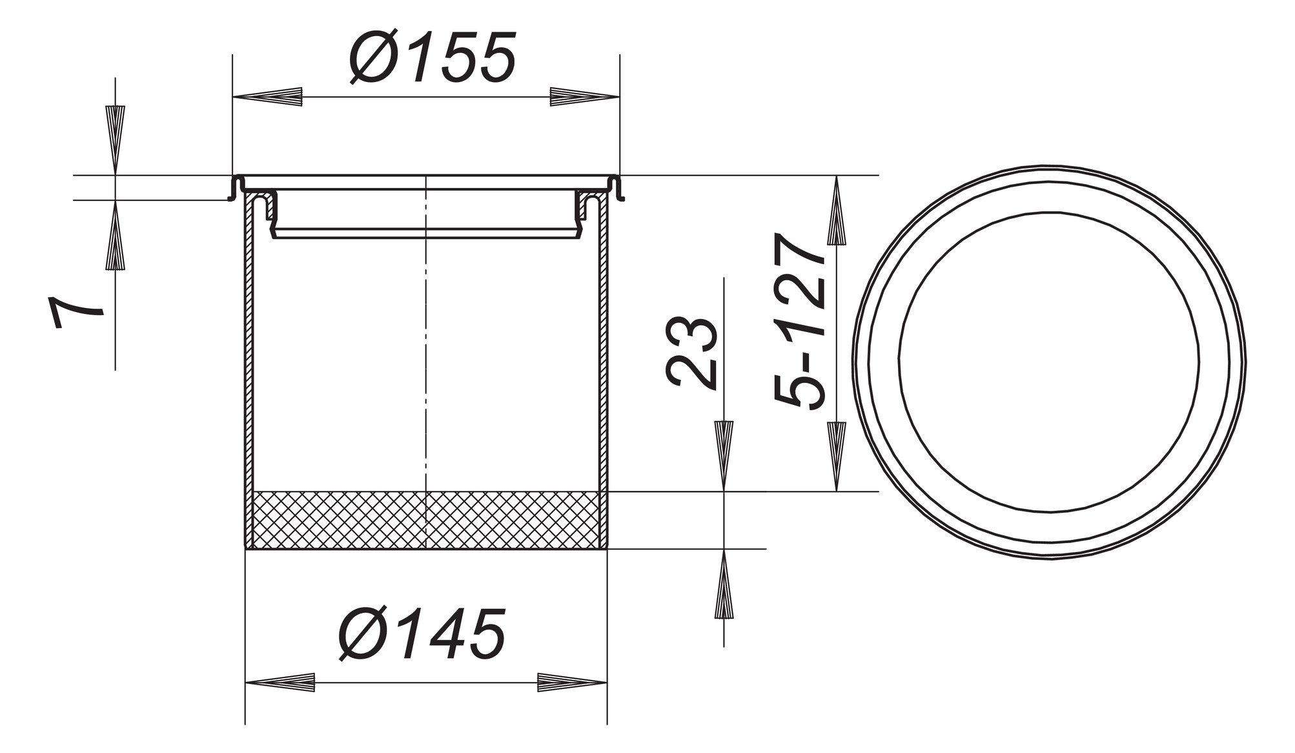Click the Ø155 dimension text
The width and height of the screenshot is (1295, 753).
click(433, 58)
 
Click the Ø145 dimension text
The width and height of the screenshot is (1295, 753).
click(422, 634)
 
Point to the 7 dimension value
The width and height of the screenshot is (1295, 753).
click(76, 313)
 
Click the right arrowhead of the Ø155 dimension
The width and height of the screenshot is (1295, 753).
click(584, 97)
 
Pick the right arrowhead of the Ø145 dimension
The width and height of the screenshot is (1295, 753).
click(572, 683)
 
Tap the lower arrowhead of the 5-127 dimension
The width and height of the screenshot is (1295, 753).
click(837, 455)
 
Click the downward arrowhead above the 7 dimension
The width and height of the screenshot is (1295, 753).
click(116, 139)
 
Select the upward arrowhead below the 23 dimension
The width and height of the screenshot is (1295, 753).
click(724, 584)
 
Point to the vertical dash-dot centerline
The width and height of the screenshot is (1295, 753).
click(426, 355)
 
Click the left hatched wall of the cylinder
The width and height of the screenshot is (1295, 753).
click(249, 355)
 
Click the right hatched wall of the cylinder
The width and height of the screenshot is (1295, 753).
click(604, 355)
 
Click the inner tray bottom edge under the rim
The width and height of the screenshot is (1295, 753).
click(426, 238)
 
